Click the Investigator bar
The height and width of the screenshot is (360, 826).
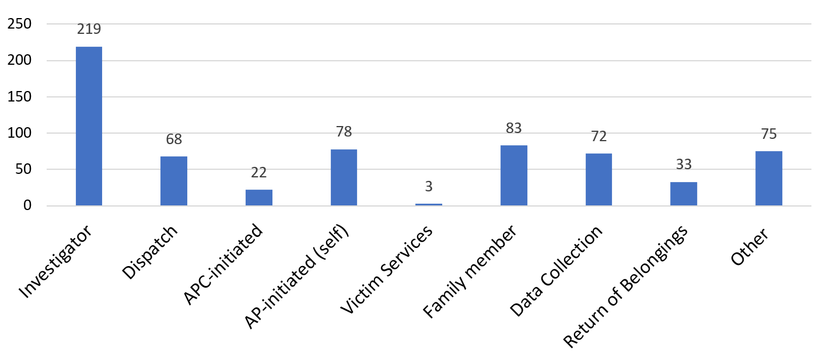tap(89, 126)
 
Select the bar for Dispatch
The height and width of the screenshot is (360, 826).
tap(174, 181)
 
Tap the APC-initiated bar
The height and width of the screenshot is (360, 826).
tap(258, 197)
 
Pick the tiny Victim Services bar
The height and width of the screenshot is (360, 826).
tap(429, 204)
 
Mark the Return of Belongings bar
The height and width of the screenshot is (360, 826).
tap(684, 194)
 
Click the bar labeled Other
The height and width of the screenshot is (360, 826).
tap(768, 178)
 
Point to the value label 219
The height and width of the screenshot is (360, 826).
tap(89, 28)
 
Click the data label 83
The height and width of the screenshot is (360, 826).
tap(513, 128)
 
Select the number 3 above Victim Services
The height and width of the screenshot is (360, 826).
tap(429, 187)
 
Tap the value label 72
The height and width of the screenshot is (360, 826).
tap(598, 136)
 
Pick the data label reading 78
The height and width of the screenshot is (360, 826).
tap(344, 132)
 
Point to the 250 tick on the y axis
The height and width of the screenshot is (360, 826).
tap(19, 24)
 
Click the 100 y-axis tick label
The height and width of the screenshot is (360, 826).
tap(19, 133)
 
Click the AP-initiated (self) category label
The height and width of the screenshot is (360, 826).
tap(296, 277)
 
